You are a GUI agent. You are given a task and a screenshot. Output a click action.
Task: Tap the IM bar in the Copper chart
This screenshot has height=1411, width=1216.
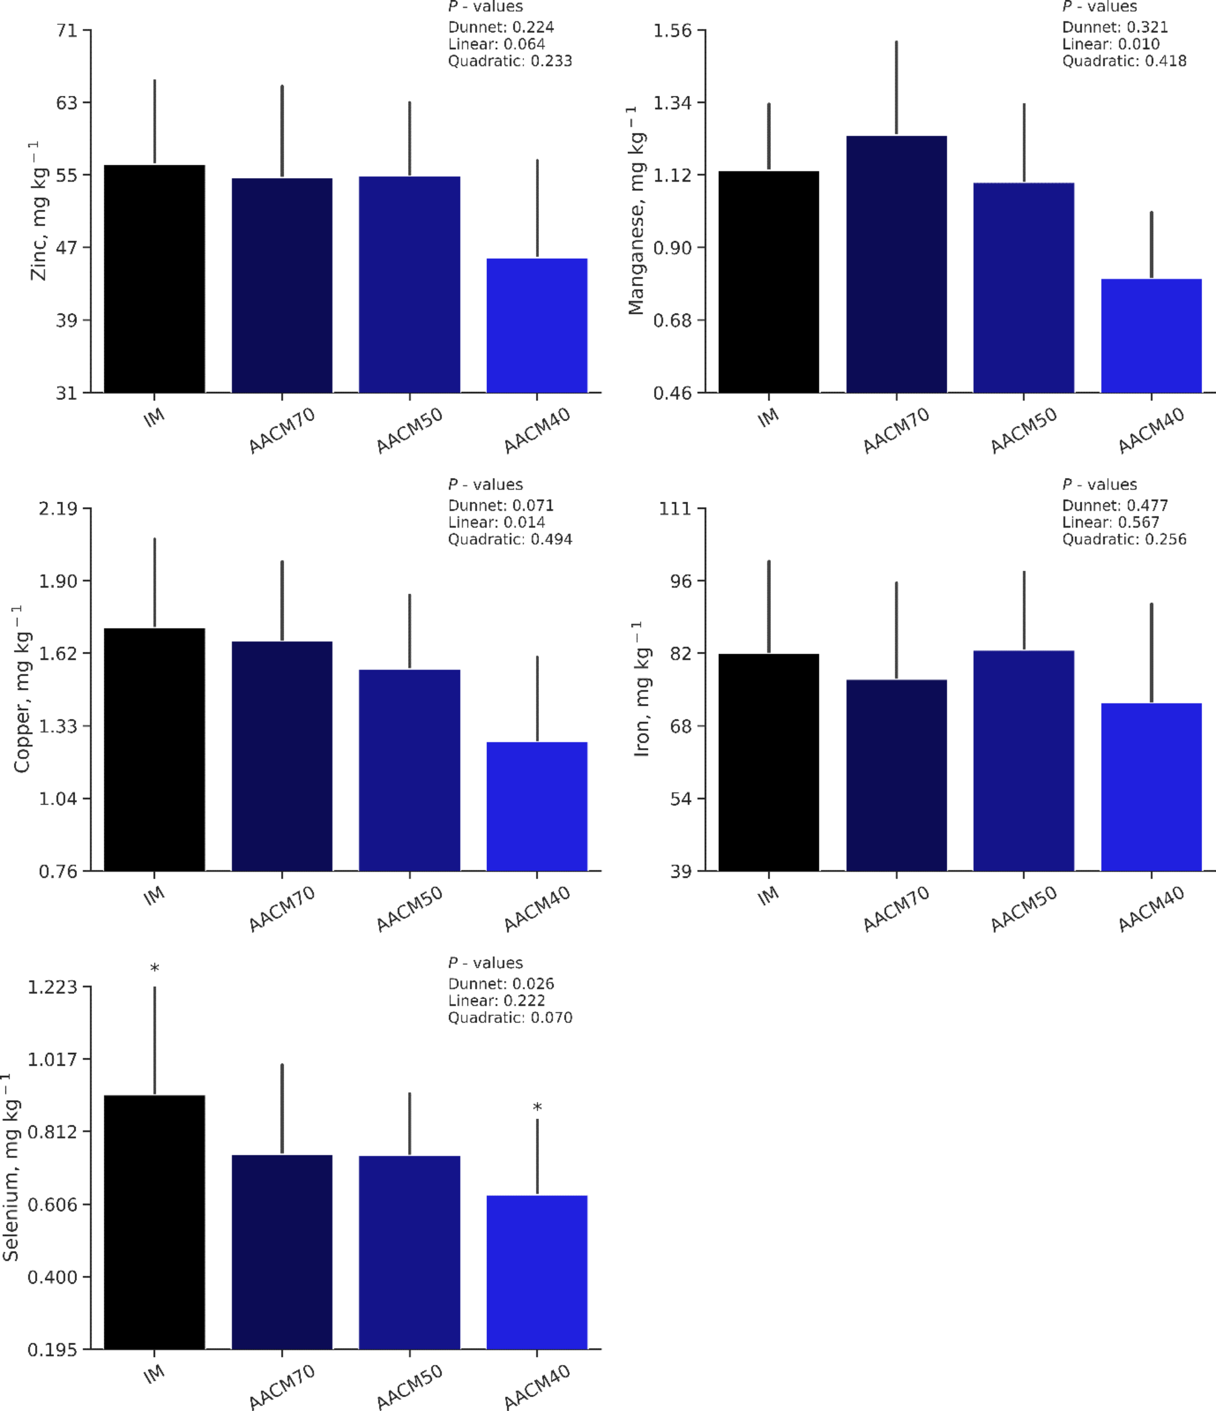pos(154,749)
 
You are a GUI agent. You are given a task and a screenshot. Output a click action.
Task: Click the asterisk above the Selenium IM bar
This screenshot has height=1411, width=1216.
pos(154,968)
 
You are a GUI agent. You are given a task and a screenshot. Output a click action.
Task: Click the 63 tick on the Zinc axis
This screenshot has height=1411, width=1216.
pos(67,103)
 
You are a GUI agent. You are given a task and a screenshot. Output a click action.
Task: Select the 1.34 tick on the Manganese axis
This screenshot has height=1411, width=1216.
pos(672,103)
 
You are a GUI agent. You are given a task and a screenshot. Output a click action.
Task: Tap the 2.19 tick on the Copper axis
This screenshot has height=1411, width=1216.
pos(58,509)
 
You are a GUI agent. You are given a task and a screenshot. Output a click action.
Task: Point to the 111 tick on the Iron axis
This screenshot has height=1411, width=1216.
pos(674,509)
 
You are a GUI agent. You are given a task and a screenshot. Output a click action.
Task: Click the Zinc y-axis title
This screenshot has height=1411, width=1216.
pos(39,211)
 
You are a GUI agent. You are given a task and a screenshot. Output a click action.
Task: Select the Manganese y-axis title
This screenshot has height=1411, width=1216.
pos(636,211)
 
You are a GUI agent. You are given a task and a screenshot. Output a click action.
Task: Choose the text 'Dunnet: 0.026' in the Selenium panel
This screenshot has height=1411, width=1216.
pos(500,983)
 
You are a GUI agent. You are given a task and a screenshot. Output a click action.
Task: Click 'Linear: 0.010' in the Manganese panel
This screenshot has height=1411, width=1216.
pos(1111,44)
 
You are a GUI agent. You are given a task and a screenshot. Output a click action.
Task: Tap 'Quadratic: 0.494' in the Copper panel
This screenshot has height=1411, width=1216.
pos(509,539)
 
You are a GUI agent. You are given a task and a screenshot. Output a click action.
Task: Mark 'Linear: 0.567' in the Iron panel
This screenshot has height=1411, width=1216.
pos(1111,522)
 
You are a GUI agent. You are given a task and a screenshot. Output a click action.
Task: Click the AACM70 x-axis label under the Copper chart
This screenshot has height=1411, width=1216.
pos(282,909)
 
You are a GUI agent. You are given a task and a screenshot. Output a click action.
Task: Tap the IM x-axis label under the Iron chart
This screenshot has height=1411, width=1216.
pos(768,895)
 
